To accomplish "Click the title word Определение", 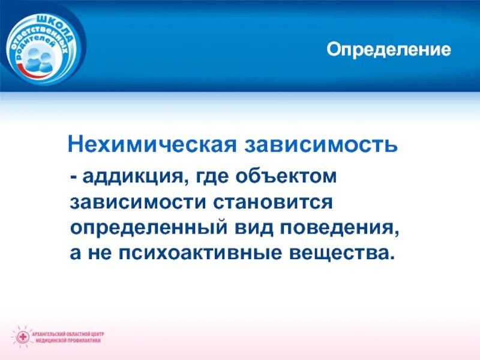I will (x=388, y=49).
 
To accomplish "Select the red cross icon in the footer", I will (x=23, y=335).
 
